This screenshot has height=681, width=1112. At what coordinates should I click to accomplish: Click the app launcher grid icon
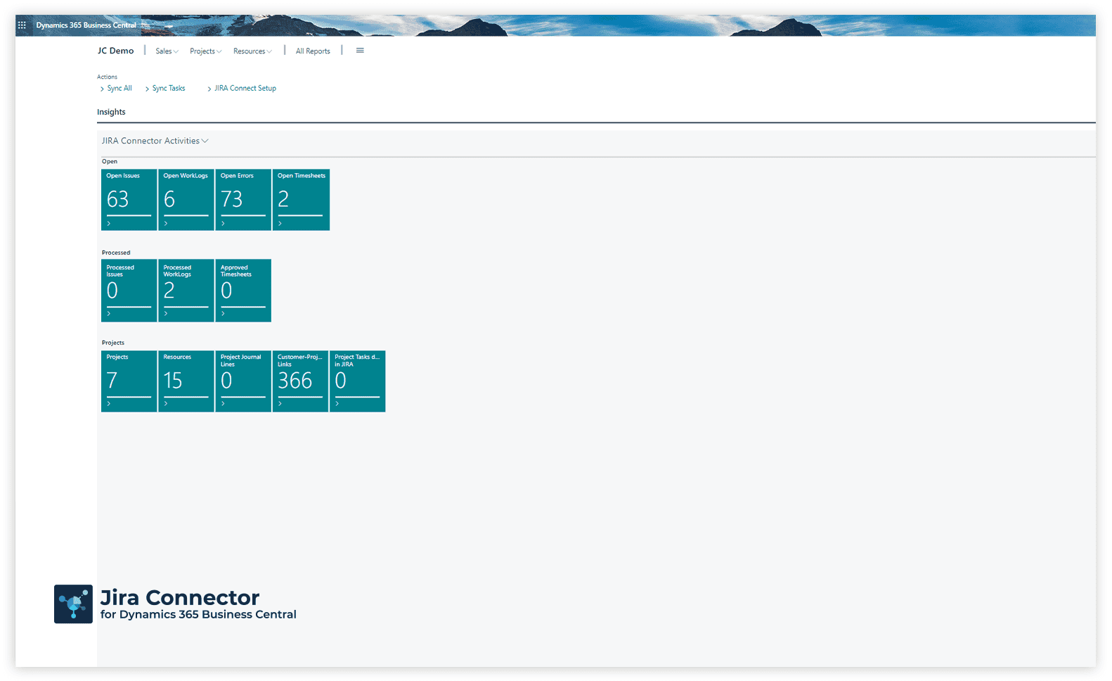coord(22,25)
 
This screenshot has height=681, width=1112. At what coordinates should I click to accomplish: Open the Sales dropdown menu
coord(167,51)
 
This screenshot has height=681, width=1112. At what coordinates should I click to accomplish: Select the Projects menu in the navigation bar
coord(205,51)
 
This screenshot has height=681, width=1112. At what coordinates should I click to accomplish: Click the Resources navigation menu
coord(252,51)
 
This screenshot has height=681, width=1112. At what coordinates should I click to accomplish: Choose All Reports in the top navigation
coord(313,51)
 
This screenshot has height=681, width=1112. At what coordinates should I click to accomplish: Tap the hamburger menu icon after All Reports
coord(360,51)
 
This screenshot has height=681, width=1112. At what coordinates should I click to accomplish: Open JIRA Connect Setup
coord(242,89)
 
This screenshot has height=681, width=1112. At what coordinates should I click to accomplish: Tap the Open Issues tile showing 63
coord(129,200)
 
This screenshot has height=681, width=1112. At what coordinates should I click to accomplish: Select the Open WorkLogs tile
coord(186,200)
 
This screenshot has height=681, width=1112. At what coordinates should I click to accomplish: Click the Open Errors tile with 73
coord(243,200)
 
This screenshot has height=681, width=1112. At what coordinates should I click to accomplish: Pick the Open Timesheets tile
coord(301,200)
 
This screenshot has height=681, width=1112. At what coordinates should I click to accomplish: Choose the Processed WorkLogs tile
coord(186,291)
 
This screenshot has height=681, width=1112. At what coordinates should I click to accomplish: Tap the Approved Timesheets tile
coord(243,291)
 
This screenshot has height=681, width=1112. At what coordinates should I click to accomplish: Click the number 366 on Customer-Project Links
coord(295,381)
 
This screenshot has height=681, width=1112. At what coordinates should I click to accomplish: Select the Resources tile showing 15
coord(186,381)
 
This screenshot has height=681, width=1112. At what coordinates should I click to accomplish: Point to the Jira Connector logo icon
coord(74,604)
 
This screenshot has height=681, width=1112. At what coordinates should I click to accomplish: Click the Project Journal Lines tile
coord(243,381)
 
